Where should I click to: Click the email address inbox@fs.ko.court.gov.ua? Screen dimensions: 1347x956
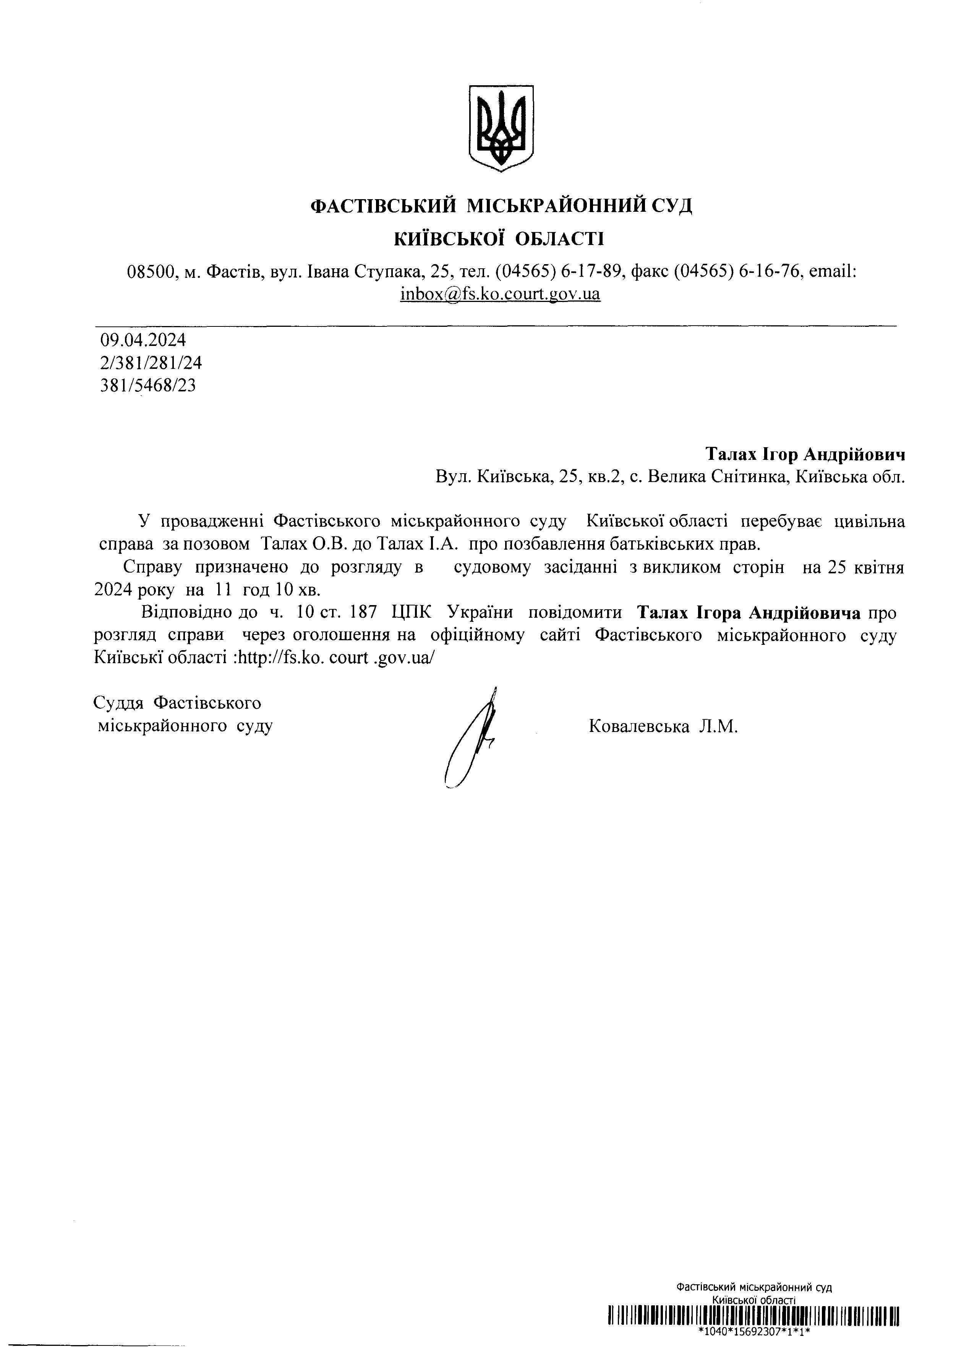[x=501, y=293]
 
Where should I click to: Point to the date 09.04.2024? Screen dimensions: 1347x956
[x=143, y=340]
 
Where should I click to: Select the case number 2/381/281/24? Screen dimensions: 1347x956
[x=151, y=363]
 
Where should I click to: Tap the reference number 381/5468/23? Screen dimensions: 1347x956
[x=148, y=386]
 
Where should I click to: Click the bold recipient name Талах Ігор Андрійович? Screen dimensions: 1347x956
[x=805, y=454]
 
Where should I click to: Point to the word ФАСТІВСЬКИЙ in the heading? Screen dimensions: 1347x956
[x=383, y=206]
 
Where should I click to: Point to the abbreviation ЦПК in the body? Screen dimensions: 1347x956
[x=412, y=613]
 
